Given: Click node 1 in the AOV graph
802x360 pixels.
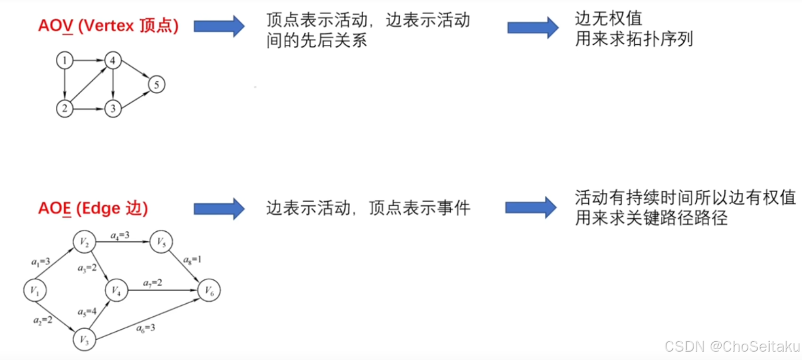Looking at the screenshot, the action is click(64, 61).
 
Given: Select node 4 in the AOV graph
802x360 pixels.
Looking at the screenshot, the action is click(113, 61).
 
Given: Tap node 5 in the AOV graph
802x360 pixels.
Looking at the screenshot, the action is click(157, 84).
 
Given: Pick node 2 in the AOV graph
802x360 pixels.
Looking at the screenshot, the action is click(64, 109).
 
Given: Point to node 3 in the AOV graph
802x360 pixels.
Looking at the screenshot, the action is click(113, 109).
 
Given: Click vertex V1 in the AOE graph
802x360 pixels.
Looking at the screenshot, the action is click(35, 290).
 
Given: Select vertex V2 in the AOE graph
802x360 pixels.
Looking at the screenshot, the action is click(84, 241).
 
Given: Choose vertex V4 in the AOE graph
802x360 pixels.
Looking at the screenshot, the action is click(117, 290).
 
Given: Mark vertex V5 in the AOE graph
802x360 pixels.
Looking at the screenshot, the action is click(161, 241).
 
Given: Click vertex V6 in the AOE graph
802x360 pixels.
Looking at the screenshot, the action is click(209, 290).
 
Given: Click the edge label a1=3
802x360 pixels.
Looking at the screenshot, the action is click(41, 262).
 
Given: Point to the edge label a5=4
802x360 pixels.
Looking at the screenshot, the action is click(87, 312).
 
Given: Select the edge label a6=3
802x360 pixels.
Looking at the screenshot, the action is click(145, 328).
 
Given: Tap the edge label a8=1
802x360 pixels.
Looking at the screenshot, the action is click(192, 259).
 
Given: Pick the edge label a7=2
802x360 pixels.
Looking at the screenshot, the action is click(153, 283).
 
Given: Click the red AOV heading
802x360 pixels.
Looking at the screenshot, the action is click(108, 26).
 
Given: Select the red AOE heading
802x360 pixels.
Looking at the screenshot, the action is click(93, 209).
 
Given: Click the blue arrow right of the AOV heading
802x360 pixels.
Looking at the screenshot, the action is click(219, 26).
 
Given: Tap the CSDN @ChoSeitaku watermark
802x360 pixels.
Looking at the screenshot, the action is click(732, 346).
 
